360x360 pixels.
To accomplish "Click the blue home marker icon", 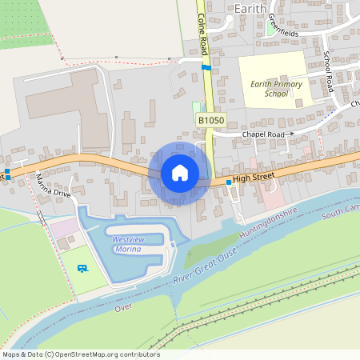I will [x=179, y=173].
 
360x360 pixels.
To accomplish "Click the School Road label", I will [x=328, y=72].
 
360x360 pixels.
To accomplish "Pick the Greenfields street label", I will [x=282, y=28].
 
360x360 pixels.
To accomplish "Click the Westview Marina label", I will [x=126, y=244].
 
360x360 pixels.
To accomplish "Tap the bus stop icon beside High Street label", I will [x=229, y=183].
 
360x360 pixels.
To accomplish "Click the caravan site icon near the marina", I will [x=82, y=268].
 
